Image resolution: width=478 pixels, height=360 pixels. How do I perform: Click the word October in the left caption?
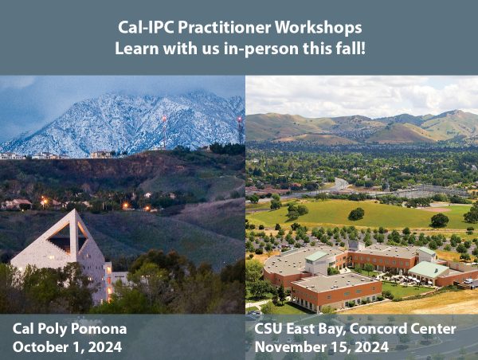click(x=40, y=346)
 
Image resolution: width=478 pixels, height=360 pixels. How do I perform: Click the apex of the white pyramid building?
click(x=74, y=211)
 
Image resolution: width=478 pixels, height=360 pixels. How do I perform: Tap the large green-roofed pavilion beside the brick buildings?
click(x=428, y=271)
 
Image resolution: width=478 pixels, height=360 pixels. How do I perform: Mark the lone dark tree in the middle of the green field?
click(x=356, y=213)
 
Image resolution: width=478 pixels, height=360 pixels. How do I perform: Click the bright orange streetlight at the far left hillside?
click(x=41, y=202)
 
